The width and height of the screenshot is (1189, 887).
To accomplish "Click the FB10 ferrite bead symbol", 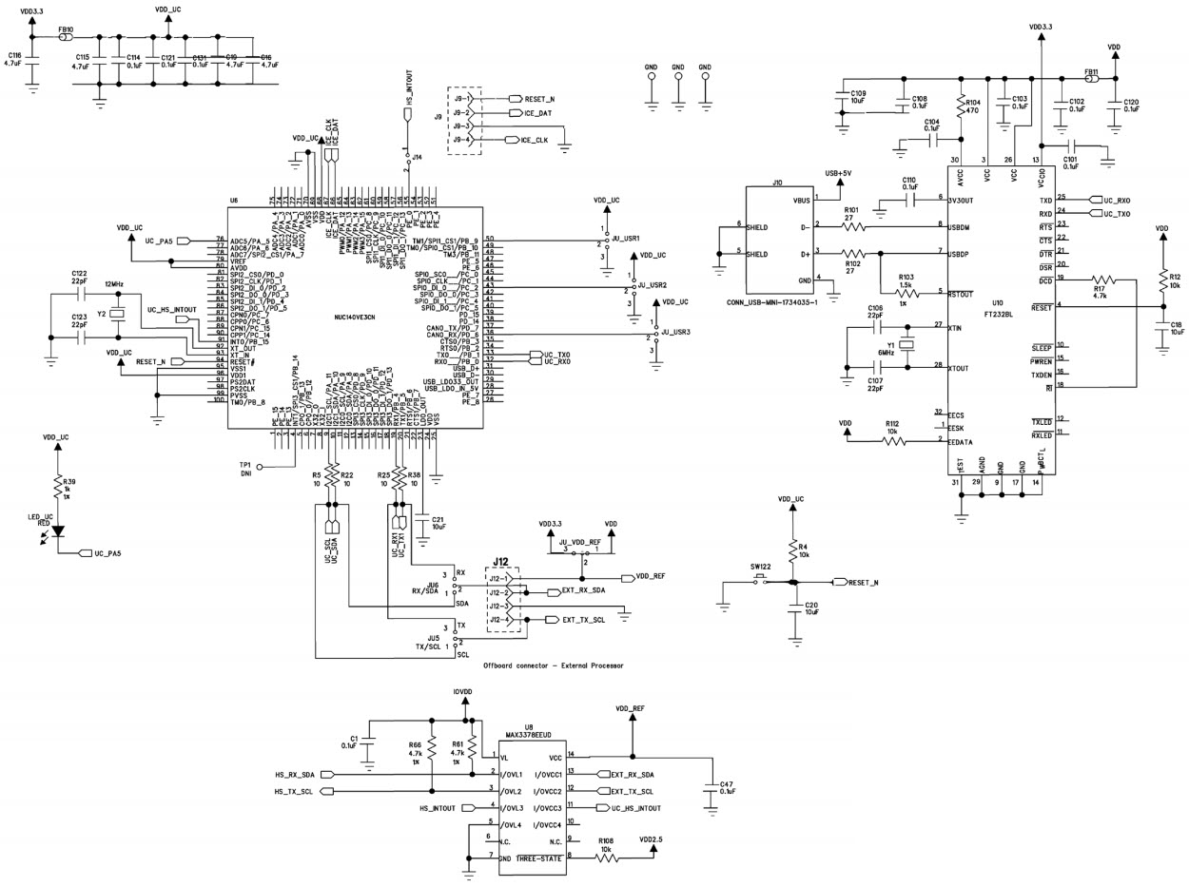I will pos(67,37).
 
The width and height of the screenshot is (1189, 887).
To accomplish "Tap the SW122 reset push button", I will pos(759,582).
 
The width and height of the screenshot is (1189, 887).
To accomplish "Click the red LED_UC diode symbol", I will pos(58,530).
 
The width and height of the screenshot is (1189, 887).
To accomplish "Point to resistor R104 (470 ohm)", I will pos(960,106).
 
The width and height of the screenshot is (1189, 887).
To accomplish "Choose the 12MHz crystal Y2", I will pos(118,313).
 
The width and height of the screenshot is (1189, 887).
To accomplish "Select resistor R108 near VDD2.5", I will pos(606,857).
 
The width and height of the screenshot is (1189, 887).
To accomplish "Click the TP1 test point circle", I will pos(262,467).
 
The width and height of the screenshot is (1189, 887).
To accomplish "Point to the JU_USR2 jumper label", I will pos(652,285).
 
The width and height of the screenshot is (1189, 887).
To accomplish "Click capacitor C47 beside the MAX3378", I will pos(709,788).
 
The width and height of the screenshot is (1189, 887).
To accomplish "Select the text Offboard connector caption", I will pos(553,665).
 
